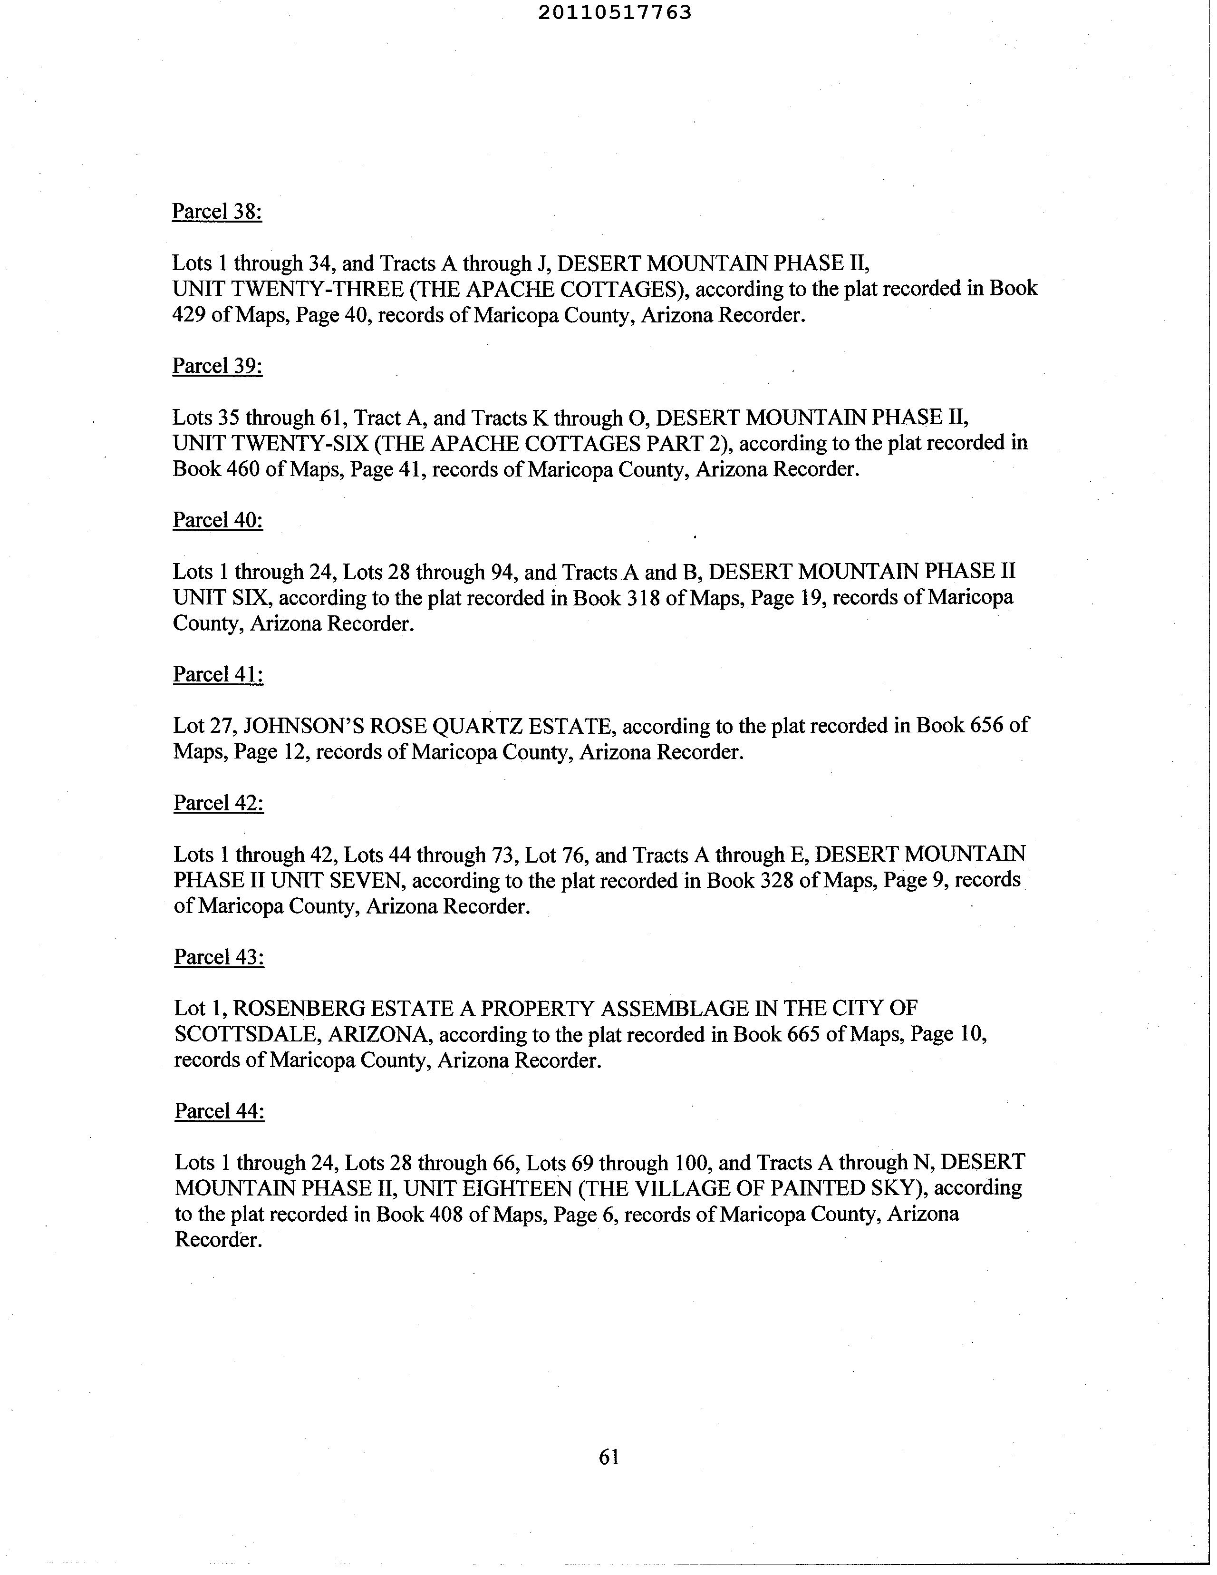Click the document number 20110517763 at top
[x=614, y=12]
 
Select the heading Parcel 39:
[x=217, y=366]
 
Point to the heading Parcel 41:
[x=218, y=674]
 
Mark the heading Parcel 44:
[x=219, y=1111]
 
